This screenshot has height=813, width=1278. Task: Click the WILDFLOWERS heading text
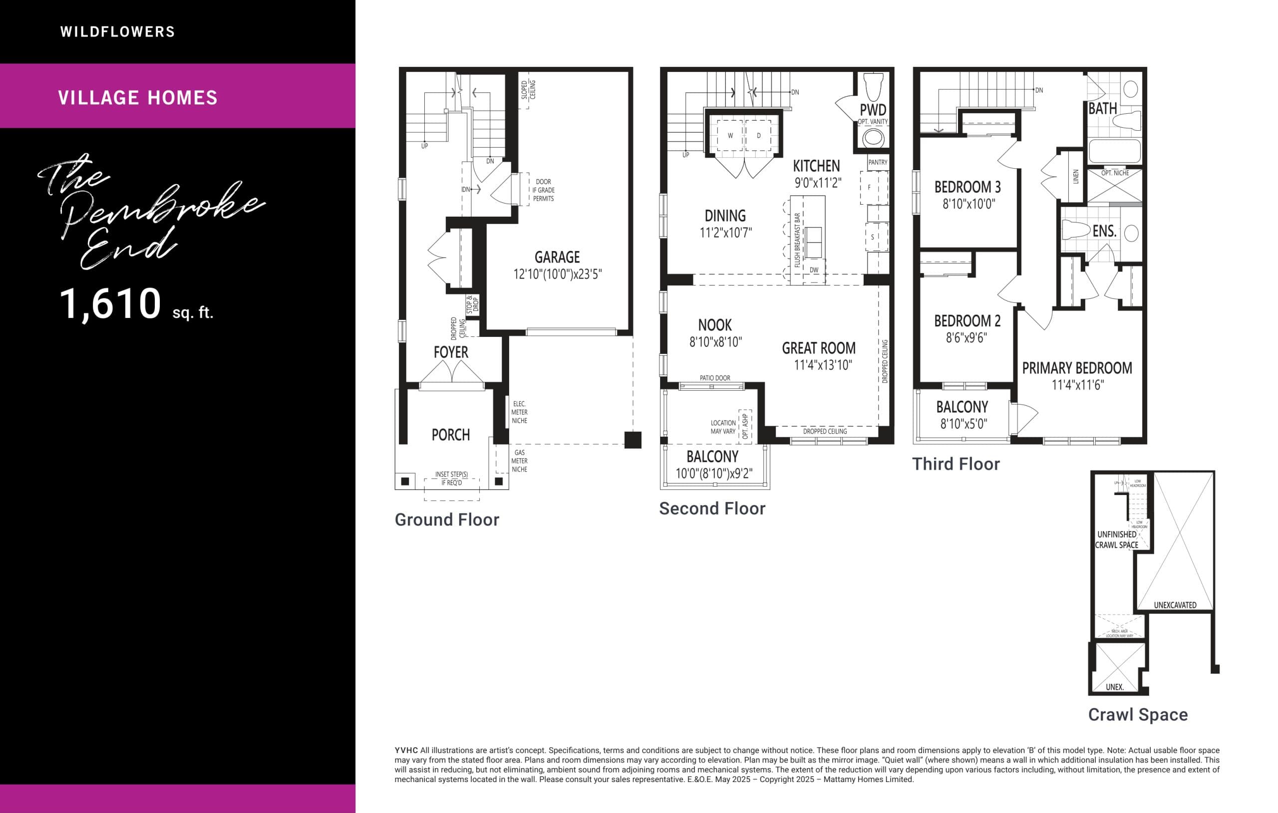117,32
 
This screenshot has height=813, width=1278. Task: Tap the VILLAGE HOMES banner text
137,98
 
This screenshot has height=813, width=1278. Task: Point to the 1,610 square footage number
110,303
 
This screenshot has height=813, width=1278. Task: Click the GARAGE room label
557,258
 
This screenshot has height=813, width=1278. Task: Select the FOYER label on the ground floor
451,352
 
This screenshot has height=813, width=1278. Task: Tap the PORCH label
451,435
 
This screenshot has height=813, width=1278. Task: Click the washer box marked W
730,136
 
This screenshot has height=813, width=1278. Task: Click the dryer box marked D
758,136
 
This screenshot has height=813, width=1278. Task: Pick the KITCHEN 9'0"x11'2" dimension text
817,183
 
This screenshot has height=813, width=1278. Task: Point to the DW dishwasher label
814,270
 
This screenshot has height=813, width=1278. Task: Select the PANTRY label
878,162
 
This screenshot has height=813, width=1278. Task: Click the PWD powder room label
873,110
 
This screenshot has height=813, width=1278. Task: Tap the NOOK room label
715,325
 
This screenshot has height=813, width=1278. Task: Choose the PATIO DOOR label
714,378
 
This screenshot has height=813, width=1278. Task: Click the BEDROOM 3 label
967,187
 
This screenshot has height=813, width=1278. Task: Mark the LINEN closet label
1076,177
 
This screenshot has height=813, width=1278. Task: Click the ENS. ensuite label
1104,232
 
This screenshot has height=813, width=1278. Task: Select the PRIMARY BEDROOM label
1077,368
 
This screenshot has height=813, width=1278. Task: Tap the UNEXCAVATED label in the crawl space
1175,605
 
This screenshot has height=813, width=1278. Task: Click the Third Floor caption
956,464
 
